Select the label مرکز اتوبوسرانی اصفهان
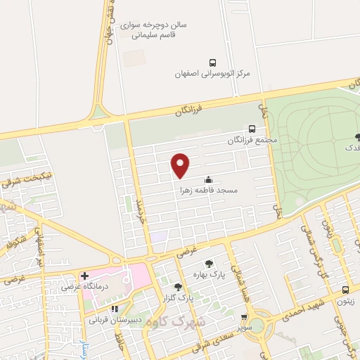(x=212, y=73)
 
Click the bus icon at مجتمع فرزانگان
(x=252, y=129)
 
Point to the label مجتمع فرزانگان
(x=252, y=140)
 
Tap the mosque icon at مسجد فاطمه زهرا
(x=207, y=179)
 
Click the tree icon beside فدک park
(x=358, y=136)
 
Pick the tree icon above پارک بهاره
(x=208, y=264)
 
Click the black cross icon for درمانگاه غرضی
(x=84, y=276)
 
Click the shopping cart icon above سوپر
(x=244, y=318)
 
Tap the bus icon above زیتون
(x=345, y=290)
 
